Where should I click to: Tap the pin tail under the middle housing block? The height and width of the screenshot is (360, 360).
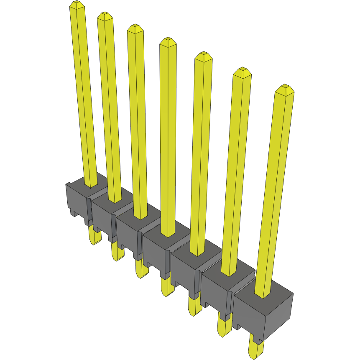[167, 287]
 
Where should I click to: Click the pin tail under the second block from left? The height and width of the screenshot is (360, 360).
[117, 252]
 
